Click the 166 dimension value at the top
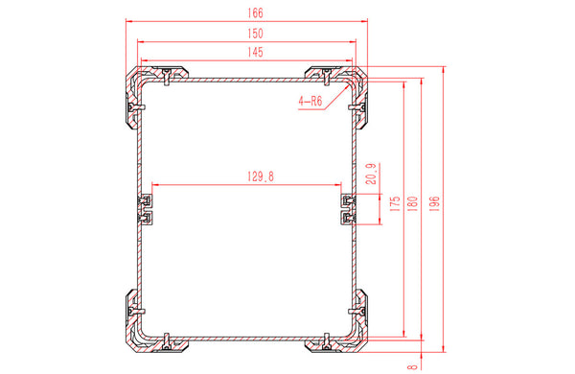pyautogui.click(x=255, y=13)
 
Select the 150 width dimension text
pyautogui.click(x=255, y=34)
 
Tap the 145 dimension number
pyautogui.click(x=255, y=52)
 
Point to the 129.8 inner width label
pyautogui.click(x=261, y=176)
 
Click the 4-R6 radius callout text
pyautogui.click(x=310, y=101)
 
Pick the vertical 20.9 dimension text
pyautogui.click(x=372, y=174)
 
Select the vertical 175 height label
pyautogui.click(x=395, y=203)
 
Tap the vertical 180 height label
pyautogui.click(x=413, y=203)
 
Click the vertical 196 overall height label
pyautogui.click(x=434, y=203)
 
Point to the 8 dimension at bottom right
pyautogui.click(x=413, y=366)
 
